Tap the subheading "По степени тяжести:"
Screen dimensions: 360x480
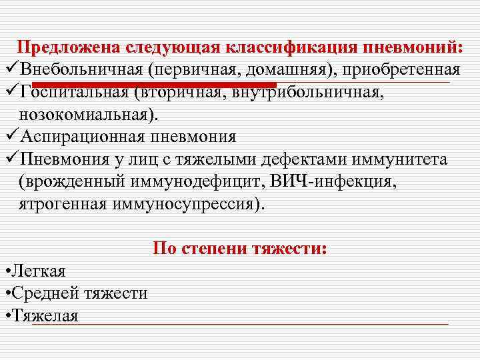pyautogui.click(x=240, y=249)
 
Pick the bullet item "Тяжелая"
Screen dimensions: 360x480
pyautogui.click(x=44, y=315)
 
